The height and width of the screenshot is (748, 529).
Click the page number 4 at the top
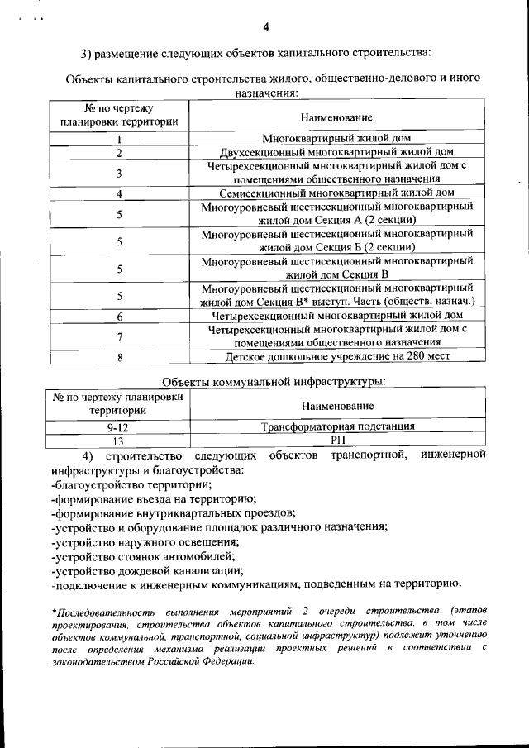click(266, 27)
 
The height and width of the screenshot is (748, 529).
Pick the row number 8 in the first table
click(120, 357)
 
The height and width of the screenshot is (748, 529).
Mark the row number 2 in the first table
click(120, 153)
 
